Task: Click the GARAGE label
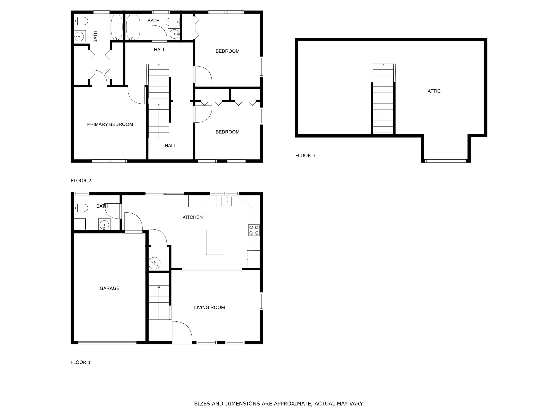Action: click(x=110, y=288)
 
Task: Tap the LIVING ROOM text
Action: click(x=209, y=307)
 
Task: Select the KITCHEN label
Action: click(x=193, y=217)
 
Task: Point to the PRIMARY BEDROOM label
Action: click(x=110, y=124)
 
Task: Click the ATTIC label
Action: click(x=434, y=91)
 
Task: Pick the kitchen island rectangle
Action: click(x=215, y=242)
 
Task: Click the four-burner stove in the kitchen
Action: click(x=254, y=230)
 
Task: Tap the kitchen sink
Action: click(x=227, y=201)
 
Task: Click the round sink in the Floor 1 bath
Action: click(x=104, y=224)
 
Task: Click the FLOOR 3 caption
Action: click(x=305, y=155)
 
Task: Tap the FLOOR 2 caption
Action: click(x=81, y=180)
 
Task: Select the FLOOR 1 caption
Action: click(x=81, y=362)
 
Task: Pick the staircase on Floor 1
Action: click(x=159, y=302)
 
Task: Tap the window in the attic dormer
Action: click(x=445, y=161)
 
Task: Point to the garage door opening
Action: click(x=107, y=342)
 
